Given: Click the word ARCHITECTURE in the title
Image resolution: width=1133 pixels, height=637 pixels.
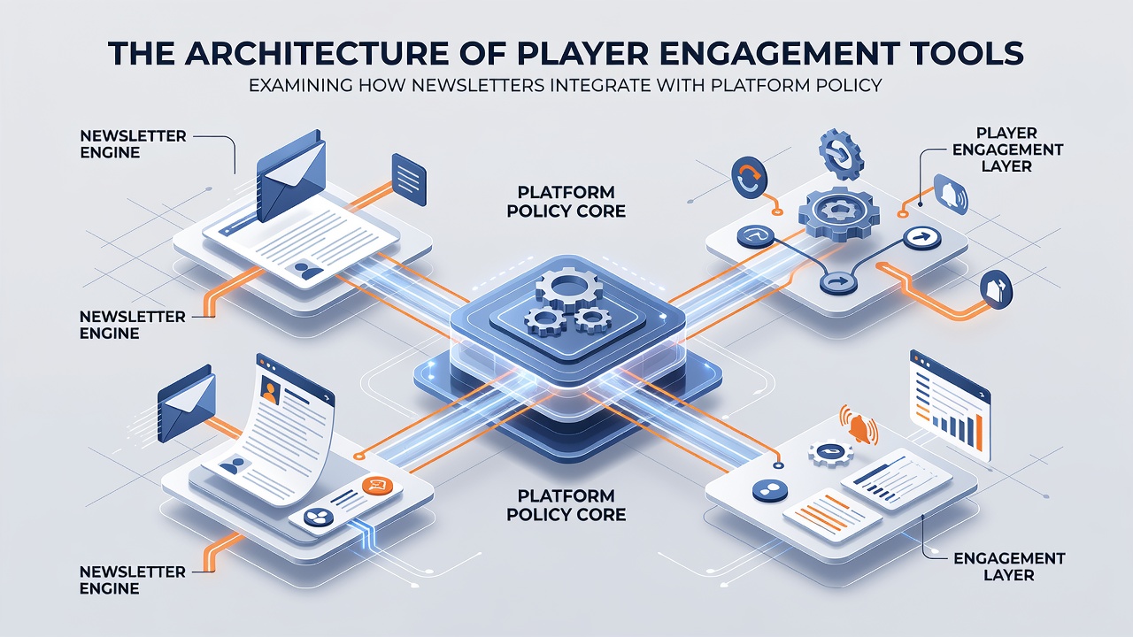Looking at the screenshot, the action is pyautogui.click(x=316, y=52).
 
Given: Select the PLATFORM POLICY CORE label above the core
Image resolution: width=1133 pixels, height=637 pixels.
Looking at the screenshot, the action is pyautogui.click(x=566, y=201).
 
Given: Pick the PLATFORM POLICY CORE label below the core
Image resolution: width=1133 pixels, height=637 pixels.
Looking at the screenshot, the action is pyautogui.click(x=566, y=504).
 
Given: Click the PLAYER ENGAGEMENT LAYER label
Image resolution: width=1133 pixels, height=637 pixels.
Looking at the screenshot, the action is pyautogui.click(x=1007, y=150).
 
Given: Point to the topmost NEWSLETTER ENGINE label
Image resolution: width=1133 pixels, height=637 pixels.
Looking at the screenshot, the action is pyautogui.click(x=133, y=144).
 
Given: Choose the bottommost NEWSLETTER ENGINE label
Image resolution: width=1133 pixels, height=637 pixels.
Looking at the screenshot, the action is pyautogui.click(x=133, y=579).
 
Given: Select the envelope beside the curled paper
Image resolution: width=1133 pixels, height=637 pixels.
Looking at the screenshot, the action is pyautogui.click(x=186, y=403).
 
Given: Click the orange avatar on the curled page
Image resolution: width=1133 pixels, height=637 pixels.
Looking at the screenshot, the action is pyautogui.click(x=270, y=391).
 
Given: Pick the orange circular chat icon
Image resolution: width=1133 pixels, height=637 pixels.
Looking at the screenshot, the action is pyautogui.click(x=377, y=487).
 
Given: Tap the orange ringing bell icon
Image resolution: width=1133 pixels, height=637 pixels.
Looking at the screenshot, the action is pyautogui.click(x=859, y=426).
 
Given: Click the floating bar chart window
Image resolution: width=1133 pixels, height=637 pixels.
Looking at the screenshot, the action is pyautogui.click(x=950, y=406).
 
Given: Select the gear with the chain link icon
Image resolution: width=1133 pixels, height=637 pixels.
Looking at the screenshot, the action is pyautogui.click(x=841, y=154).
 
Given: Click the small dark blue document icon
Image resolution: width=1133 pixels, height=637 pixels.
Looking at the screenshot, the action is pyautogui.click(x=409, y=180).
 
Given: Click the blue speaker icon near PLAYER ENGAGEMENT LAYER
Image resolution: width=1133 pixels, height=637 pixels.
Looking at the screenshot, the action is pyautogui.click(x=951, y=193).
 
